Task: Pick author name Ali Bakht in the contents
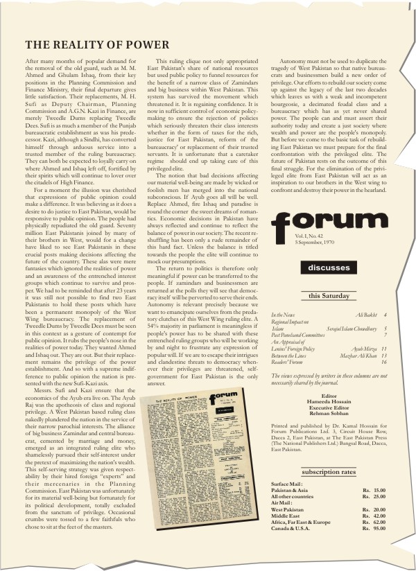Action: click(367, 315)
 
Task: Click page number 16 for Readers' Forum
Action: click(383, 361)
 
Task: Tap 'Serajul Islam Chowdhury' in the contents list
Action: click(351, 328)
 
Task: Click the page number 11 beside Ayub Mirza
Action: click(383, 348)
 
